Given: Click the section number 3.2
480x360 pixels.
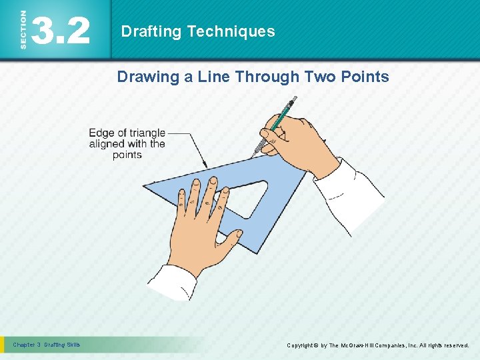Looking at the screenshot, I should tap(61, 31).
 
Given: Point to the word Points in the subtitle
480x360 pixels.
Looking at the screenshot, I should tap(365, 77).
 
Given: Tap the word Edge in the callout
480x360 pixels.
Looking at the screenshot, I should tap(102, 133).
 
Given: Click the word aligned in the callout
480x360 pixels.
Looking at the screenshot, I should tap(109, 144).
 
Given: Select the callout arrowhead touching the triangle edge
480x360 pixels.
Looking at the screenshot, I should tap(205, 166).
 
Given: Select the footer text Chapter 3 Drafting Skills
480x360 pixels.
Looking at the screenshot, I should tap(47, 345).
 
